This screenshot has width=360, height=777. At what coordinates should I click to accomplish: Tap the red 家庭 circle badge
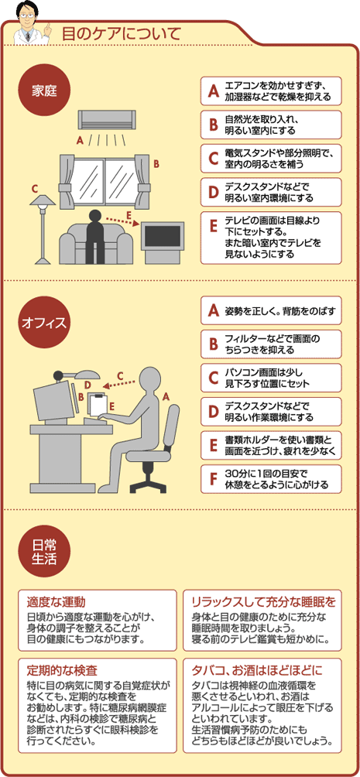point(44,92)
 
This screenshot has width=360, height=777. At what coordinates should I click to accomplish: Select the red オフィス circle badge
point(44,323)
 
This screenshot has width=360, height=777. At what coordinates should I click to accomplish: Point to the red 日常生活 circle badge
point(44,552)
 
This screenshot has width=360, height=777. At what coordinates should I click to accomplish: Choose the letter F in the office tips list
point(214,479)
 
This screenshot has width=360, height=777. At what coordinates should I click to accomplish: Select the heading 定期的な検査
point(61,670)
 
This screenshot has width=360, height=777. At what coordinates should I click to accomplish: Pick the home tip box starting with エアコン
point(271,91)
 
